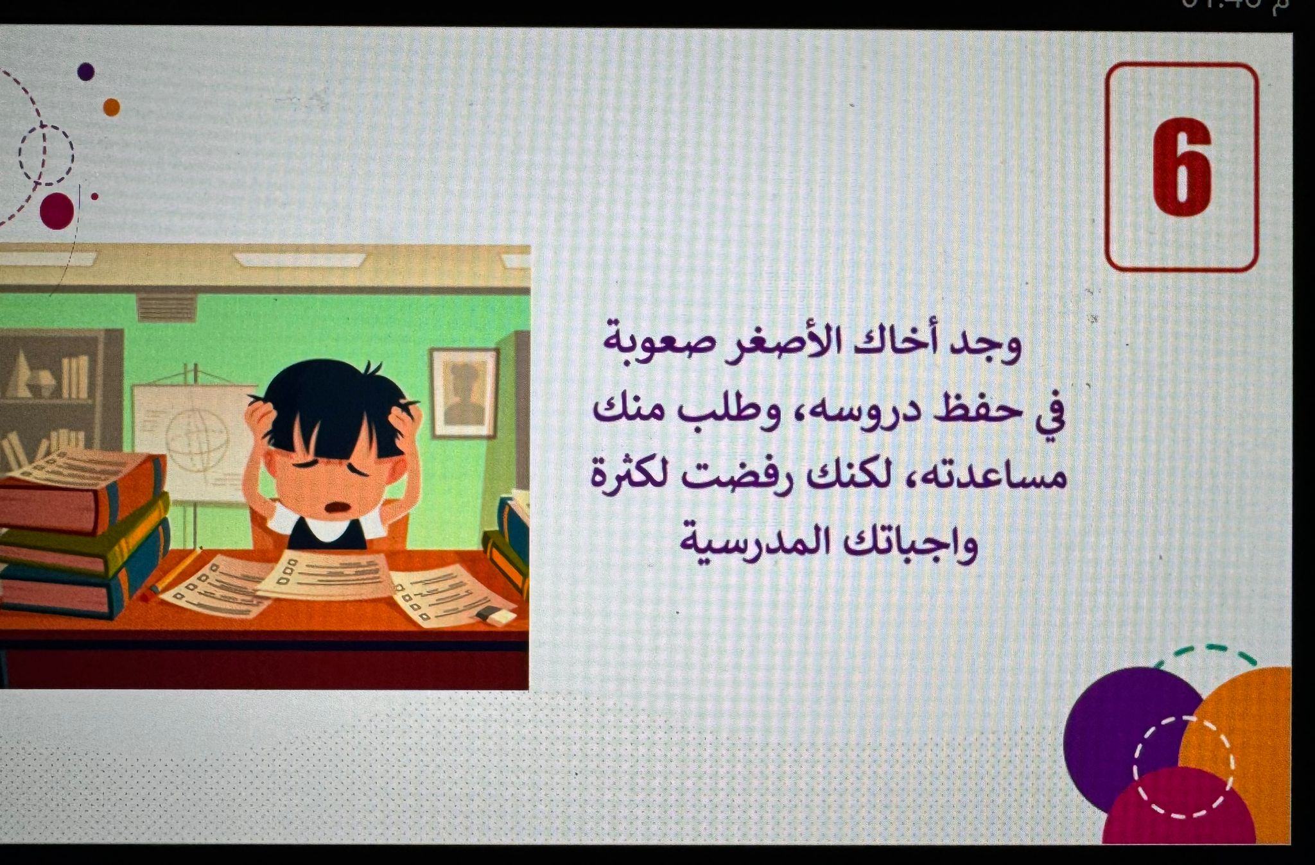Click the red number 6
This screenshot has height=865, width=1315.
pos(1182,167)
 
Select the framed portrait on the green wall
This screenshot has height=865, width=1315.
pos(464,393)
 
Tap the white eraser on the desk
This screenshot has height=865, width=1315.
pos(495,616)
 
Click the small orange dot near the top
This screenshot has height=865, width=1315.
pos(112,107)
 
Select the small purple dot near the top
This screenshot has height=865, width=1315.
pos(86,71)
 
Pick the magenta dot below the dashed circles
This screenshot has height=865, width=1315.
pos(57,210)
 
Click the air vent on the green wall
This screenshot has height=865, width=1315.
pos(165,309)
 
